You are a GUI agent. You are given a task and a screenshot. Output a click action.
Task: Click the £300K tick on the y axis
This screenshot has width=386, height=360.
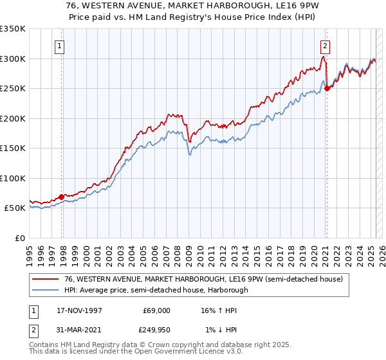point(13,59)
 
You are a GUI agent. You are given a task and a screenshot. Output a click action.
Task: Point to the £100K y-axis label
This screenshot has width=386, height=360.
point(13,178)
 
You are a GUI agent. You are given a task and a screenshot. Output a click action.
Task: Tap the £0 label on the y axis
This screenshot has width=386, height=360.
point(19,238)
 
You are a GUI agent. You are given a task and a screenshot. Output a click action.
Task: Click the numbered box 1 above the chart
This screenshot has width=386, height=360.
point(59,46)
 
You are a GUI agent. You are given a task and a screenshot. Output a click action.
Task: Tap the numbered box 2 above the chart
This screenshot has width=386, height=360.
point(326,46)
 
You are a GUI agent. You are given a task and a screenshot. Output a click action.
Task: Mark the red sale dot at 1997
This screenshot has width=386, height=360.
point(62,197)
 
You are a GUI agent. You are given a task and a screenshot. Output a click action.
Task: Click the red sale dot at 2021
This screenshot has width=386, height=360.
point(327,89)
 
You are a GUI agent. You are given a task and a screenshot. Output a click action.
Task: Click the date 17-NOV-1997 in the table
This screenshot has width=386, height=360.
point(80,310)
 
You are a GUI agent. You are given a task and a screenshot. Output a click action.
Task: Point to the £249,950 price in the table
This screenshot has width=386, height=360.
point(156,330)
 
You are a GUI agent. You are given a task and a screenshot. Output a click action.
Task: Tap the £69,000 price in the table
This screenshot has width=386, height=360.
point(156,310)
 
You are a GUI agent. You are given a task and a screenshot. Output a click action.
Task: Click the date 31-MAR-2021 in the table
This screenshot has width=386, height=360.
point(80,330)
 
